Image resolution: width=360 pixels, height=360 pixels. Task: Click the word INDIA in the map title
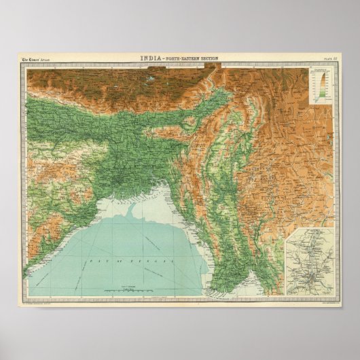[150, 59]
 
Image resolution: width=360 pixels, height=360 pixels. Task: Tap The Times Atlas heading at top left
[40, 60]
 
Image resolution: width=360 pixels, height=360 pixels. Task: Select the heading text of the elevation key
[318, 69]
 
